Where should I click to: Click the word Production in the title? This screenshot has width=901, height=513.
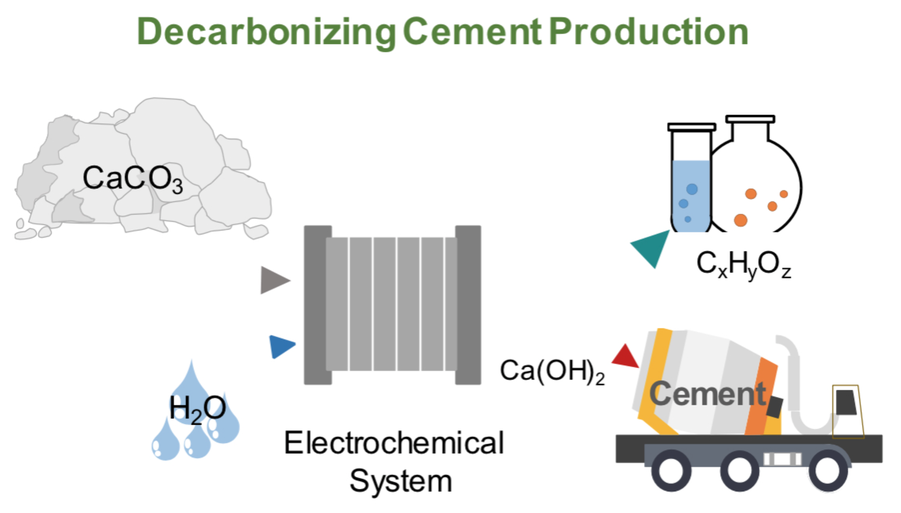point(648,32)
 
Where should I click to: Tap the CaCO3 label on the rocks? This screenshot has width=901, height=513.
point(133,179)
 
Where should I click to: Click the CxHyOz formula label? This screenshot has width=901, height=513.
point(743,264)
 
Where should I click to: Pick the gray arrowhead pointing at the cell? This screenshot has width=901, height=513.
point(273,280)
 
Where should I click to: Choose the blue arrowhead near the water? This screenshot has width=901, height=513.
point(281,346)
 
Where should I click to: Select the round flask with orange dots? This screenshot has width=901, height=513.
point(758,190)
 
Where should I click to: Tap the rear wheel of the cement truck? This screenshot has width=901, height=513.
point(671,471)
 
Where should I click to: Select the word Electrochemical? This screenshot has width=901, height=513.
point(394,443)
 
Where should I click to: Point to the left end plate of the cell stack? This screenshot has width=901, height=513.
point(317,305)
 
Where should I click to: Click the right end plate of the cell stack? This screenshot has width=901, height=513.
point(468,305)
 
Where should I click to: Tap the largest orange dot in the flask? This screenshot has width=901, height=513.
point(741,220)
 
